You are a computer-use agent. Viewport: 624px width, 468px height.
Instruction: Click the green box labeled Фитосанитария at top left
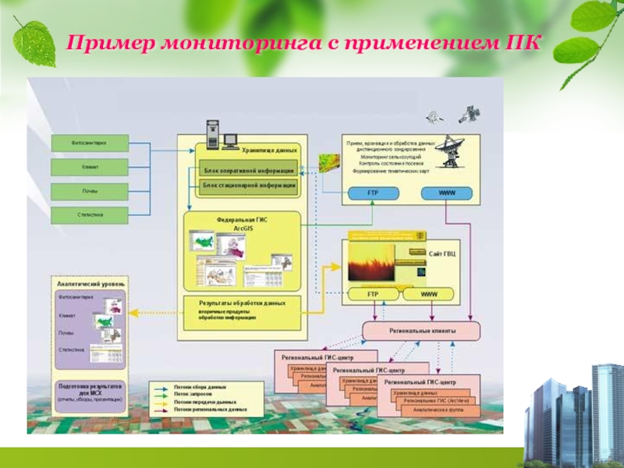tap(90, 144)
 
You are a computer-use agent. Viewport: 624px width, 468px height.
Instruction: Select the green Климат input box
tap(90, 167)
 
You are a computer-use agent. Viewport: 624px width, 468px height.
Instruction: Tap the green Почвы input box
tap(90, 191)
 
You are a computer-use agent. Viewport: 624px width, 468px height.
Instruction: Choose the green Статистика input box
tap(90, 214)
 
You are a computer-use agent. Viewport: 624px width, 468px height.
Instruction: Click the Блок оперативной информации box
tap(249, 171)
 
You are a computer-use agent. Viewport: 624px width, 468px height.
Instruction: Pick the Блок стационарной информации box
tap(249, 186)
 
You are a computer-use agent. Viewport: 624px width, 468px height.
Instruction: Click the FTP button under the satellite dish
tap(373, 193)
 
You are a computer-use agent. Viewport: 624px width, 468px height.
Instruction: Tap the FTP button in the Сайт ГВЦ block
tap(373, 294)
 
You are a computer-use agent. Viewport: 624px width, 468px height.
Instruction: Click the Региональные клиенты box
tap(421, 331)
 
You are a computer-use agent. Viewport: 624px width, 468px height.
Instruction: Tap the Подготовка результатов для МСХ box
tap(90, 397)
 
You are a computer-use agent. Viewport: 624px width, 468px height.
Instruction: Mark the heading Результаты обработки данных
tap(242, 303)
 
